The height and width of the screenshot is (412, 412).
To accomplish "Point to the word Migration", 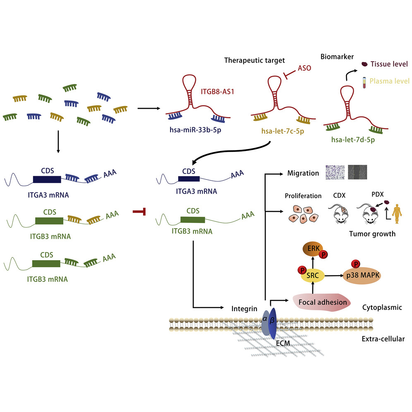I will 303,173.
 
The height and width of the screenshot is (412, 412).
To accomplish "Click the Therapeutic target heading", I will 254,60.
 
